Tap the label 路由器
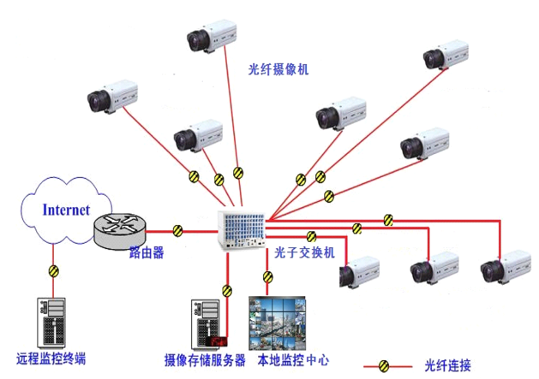pyautogui.click(x=147, y=253)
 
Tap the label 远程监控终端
pyautogui.click(x=51, y=358)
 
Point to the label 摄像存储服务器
pyautogui.click(x=205, y=360)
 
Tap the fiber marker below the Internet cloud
pyautogui.click(x=54, y=272)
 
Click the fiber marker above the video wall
pyautogui.click(x=267, y=276)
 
